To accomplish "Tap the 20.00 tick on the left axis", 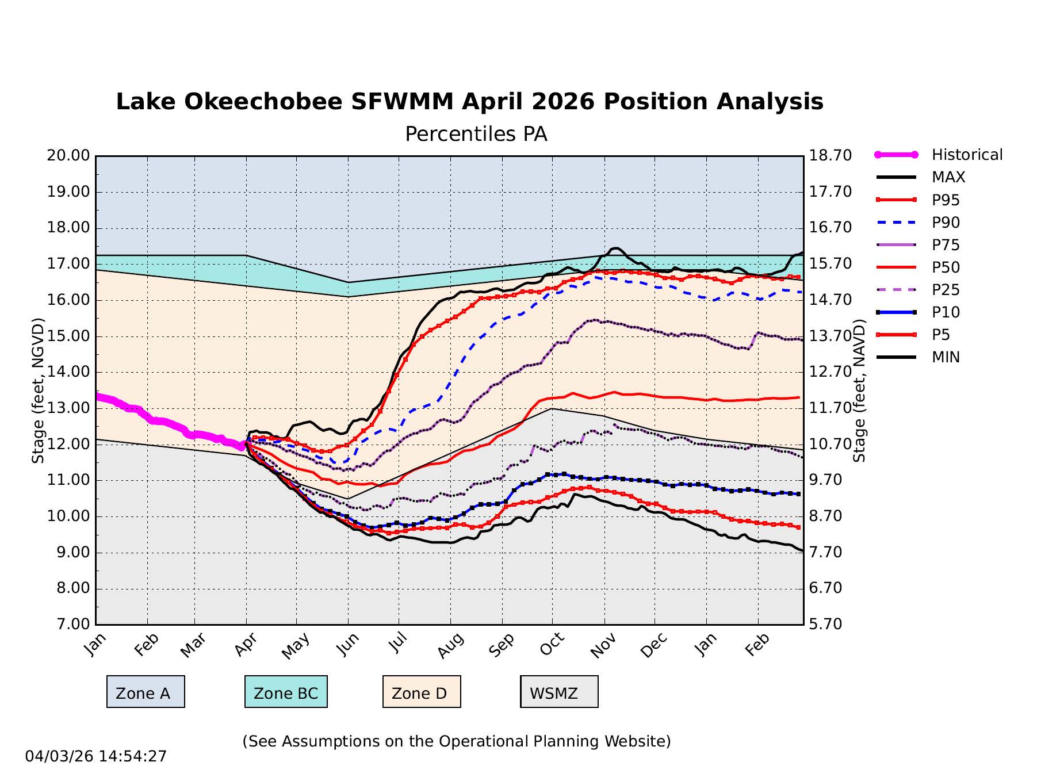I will point(68,155).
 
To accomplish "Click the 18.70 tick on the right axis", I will point(830,155).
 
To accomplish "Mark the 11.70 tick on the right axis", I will point(830,408).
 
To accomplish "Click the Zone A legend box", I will point(146,692).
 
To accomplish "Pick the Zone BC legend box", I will point(286,692).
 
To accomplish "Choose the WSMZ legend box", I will point(559,692).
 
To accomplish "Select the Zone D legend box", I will point(422,692).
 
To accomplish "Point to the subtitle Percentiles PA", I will point(476,134).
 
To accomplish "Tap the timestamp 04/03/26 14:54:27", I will point(96,756).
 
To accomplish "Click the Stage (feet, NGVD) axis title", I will point(38,390).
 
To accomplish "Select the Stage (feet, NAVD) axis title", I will point(859,390).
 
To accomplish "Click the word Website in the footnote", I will point(638,741).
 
